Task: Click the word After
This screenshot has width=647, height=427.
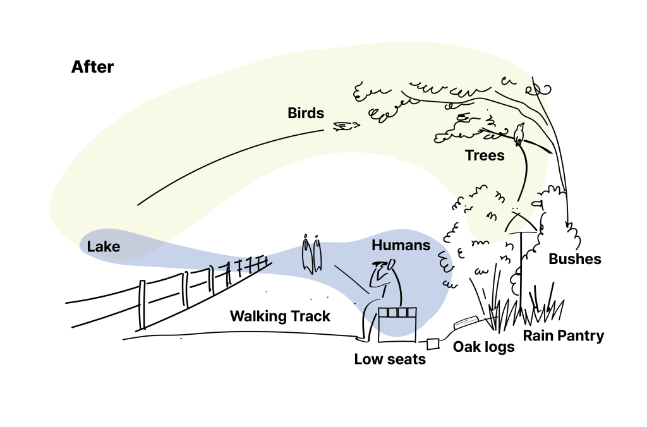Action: click(92, 67)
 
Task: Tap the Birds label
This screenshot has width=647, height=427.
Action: click(306, 113)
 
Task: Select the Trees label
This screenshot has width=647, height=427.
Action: click(485, 155)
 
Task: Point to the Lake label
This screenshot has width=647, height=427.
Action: click(104, 246)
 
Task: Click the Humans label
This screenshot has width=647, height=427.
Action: click(401, 245)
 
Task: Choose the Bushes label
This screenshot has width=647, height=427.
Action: click(574, 259)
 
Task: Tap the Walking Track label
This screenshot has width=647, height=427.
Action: click(279, 316)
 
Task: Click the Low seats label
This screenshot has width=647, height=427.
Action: click(389, 359)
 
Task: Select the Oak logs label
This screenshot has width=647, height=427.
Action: click(483, 347)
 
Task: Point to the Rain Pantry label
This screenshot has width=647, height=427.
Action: click(563, 335)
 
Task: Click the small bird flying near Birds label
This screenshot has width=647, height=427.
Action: click(345, 126)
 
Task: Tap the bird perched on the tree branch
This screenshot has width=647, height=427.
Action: click(519, 134)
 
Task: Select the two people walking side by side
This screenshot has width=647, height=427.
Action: click(311, 255)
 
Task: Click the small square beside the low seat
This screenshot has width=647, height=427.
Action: click(433, 344)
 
